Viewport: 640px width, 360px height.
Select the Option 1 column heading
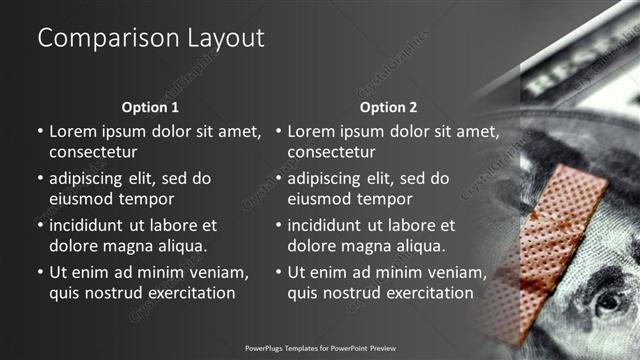coord(151,107)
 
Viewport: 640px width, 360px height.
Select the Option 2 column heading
coord(389,107)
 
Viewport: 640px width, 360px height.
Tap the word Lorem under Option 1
coord(73,132)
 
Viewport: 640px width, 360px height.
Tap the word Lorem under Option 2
coord(311,132)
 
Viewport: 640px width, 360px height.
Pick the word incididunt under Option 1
coord(89,225)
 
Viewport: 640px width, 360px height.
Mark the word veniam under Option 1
coord(220,272)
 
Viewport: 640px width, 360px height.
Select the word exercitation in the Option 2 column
coord(426,293)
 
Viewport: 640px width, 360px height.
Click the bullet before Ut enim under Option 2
coord(277,272)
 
